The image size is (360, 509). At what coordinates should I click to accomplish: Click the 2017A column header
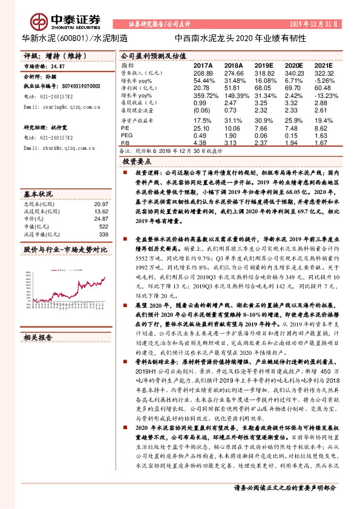pos(203,64)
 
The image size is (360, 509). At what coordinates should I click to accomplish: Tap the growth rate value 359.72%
pos(203,96)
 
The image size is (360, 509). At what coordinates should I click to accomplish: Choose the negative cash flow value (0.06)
pos(201,111)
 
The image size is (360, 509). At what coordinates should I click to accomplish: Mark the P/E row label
pos(125,129)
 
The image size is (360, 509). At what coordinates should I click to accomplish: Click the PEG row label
pos(126,135)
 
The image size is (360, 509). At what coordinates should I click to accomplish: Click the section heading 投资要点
pos(136,162)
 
